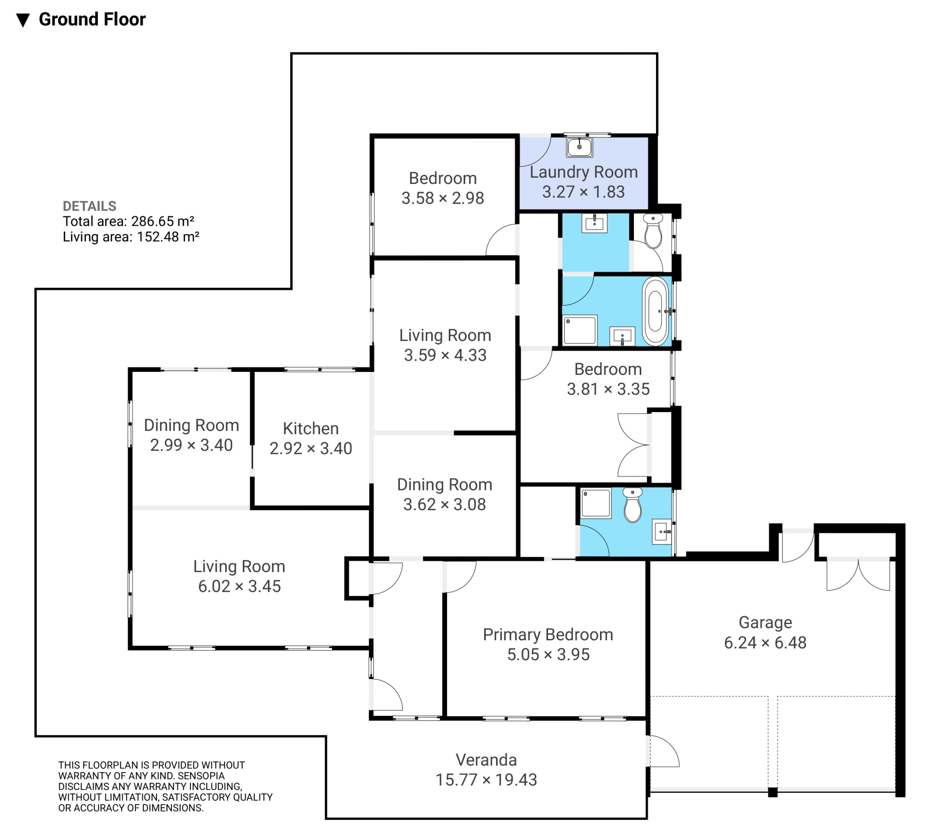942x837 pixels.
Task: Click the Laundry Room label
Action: pyautogui.click(x=583, y=172)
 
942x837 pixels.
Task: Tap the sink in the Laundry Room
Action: pyautogui.click(x=579, y=147)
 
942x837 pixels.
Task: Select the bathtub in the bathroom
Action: pyautogui.click(x=655, y=311)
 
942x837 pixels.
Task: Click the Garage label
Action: pyautogui.click(x=765, y=622)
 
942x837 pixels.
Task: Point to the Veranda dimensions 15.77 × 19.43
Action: pyautogui.click(x=486, y=780)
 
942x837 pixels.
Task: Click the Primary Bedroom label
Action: pyautogui.click(x=548, y=634)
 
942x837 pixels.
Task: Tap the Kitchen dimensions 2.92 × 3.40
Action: pyautogui.click(x=311, y=448)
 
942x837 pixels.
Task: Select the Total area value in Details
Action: pyautogui.click(x=163, y=221)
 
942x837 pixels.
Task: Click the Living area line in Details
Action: pyautogui.click(x=131, y=237)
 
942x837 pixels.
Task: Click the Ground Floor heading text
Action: pyautogui.click(x=92, y=19)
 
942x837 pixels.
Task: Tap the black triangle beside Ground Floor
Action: pyautogui.click(x=23, y=20)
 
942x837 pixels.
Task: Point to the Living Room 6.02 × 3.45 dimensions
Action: pyautogui.click(x=239, y=586)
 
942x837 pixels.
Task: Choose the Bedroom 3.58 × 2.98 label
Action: pyautogui.click(x=443, y=178)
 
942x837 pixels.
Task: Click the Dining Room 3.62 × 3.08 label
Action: pyautogui.click(x=445, y=484)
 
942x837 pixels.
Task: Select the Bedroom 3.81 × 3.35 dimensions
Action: pyautogui.click(x=608, y=389)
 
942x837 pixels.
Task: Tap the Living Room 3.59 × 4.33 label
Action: pyautogui.click(x=445, y=335)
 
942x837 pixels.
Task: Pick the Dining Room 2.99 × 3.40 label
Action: pyautogui.click(x=191, y=425)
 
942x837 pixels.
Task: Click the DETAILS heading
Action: pyautogui.click(x=89, y=206)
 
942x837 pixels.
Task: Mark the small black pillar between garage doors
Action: pyautogui.click(x=773, y=792)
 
